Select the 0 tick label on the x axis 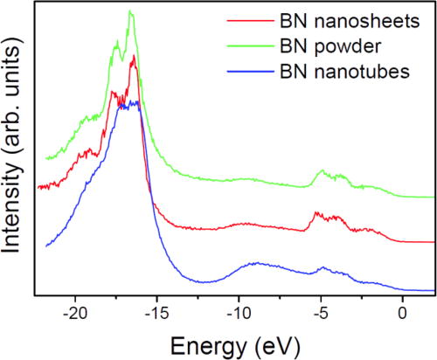402,311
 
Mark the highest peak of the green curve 130,11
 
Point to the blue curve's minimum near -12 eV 206,281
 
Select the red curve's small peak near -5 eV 316,212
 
